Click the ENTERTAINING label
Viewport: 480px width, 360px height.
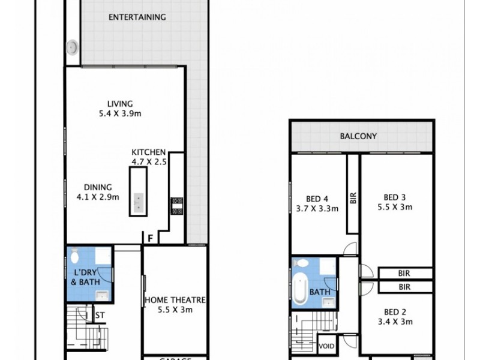point(137,17)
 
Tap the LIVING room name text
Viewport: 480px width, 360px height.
point(120,103)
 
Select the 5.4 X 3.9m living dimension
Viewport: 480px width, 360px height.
point(120,113)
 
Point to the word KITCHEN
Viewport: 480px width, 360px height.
point(149,152)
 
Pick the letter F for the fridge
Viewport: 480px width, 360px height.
point(151,239)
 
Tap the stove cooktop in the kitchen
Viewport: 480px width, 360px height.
point(177,205)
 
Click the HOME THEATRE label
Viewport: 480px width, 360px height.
point(175,300)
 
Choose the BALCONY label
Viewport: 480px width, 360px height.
point(358,136)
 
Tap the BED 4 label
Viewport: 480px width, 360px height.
point(317,199)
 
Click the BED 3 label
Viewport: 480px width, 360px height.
point(395,197)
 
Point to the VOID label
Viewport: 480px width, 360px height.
point(327,346)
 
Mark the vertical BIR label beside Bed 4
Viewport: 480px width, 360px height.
point(353,199)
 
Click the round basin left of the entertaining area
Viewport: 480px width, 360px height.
point(73,47)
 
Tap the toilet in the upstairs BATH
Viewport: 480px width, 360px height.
point(302,263)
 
